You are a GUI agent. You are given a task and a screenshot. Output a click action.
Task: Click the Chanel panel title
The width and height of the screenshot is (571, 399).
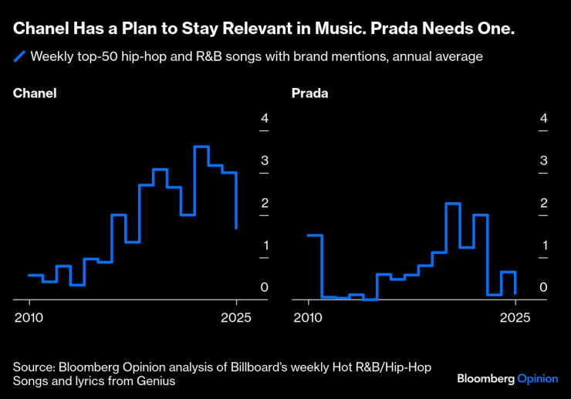pyautogui.click(x=35, y=94)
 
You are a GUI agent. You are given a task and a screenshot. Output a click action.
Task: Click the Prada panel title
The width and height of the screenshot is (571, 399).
pyautogui.click(x=310, y=94)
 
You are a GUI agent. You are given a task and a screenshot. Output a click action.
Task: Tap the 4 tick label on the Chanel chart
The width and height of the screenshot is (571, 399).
pyautogui.click(x=264, y=119)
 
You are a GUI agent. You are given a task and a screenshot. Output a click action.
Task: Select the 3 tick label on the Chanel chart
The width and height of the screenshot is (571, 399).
pyautogui.click(x=264, y=161)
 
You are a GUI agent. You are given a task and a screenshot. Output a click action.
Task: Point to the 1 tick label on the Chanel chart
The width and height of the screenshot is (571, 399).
pyautogui.click(x=264, y=246)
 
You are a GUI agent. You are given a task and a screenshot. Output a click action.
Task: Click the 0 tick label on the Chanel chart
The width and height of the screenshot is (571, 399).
pyautogui.click(x=264, y=288)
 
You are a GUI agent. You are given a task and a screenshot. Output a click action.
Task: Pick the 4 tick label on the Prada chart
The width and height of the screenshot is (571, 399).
pyautogui.click(x=544, y=119)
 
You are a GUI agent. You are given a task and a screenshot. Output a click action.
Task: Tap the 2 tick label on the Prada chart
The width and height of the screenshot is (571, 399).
pyautogui.click(x=544, y=204)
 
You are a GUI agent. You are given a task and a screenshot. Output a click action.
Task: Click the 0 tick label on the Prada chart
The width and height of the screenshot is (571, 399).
pyautogui.click(x=544, y=288)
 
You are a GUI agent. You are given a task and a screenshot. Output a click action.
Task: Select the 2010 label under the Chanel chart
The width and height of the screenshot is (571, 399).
pyautogui.click(x=29, y=317)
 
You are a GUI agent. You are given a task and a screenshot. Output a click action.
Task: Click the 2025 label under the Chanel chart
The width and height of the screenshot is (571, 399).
pyautogui.click(x=236, y=317)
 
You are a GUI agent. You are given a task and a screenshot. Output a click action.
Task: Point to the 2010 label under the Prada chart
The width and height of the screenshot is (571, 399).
pyautogui.click(x=309, y=317)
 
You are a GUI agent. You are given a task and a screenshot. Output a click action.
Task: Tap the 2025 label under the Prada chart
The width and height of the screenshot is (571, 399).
pyautogui.click(x=515, y=317)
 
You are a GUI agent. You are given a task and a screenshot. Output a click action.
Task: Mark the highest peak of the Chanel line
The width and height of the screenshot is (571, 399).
pyautogui.click(x=201, y=147)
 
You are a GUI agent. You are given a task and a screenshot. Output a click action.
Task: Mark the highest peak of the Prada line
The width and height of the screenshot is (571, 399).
pyautogui.click(x=453, y=204)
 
